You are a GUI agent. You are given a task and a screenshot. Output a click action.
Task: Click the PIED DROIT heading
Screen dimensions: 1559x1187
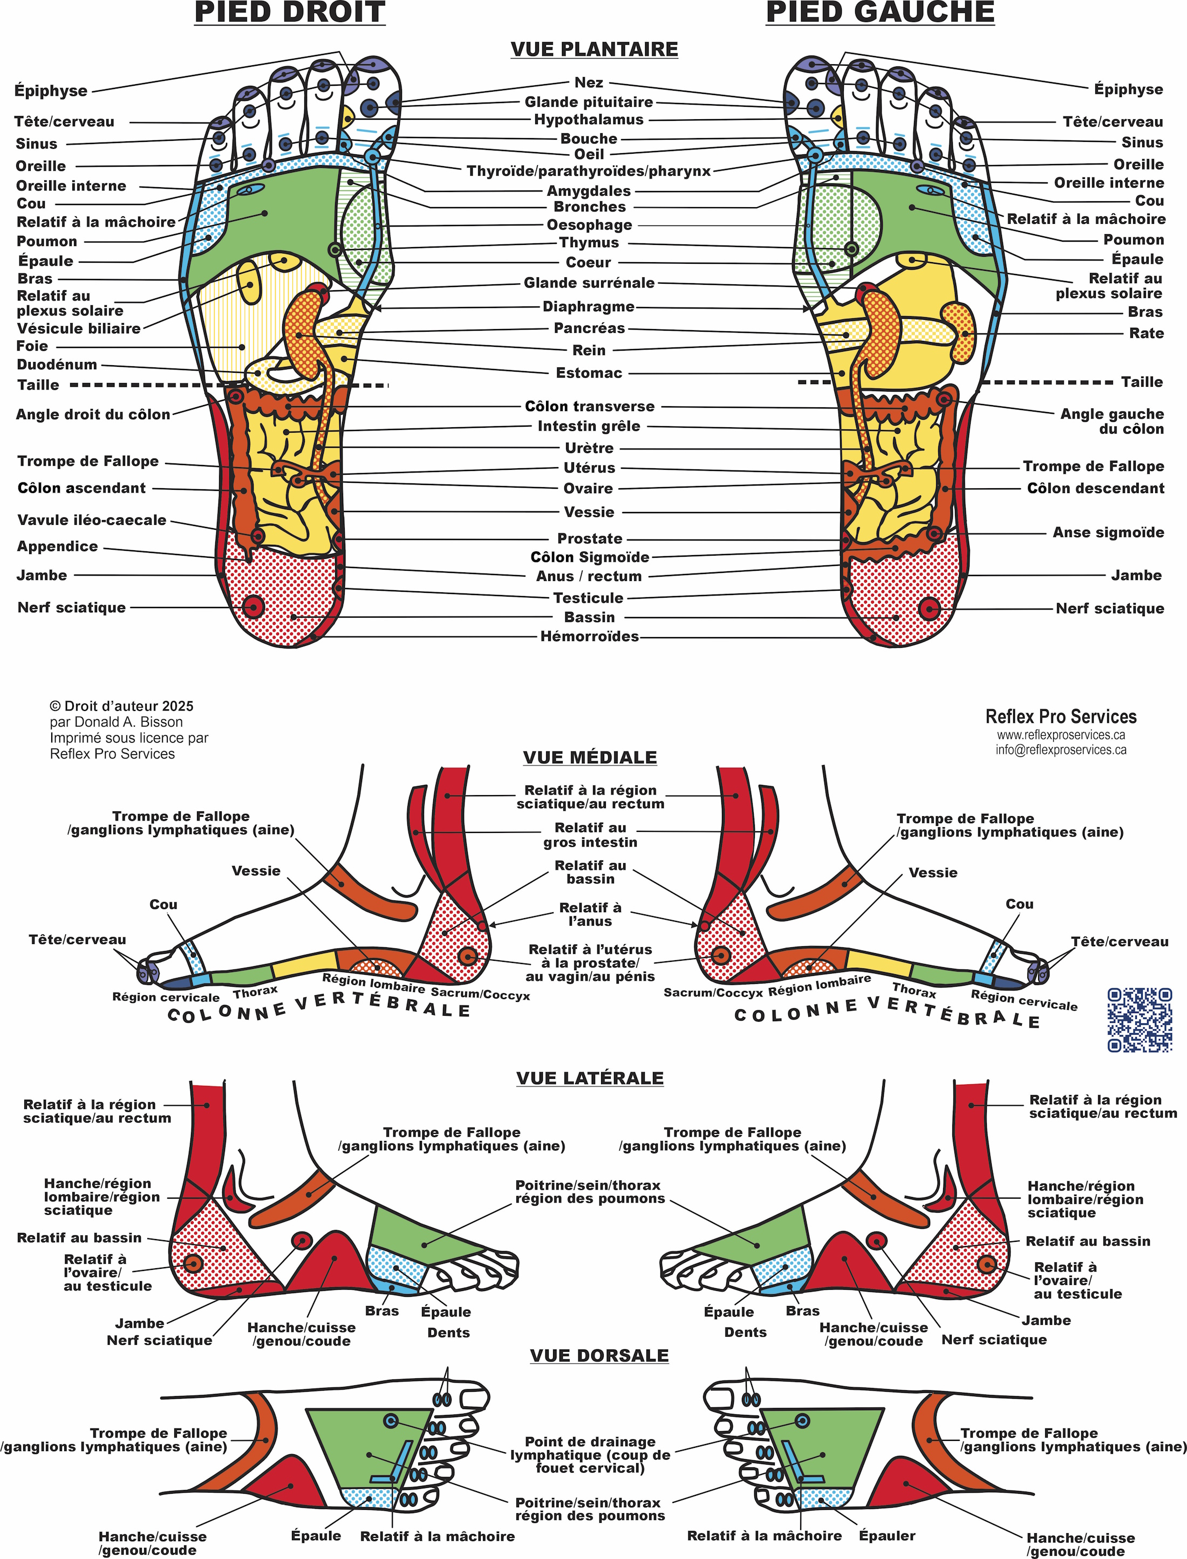click(290, 13)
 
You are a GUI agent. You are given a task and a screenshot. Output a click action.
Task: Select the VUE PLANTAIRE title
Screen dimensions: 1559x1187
click(593, 50)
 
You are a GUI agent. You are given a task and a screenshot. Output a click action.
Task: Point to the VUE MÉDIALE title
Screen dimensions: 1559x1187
click(590, 757)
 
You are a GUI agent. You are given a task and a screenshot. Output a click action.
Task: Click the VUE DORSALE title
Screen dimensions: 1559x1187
click(599, 1356)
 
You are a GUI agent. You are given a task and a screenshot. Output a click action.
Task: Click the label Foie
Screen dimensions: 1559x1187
click(32, 346)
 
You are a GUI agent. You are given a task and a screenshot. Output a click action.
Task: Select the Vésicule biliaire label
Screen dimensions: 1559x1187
click(78, 329)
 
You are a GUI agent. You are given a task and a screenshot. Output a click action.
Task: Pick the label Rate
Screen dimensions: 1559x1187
click(1145, 333)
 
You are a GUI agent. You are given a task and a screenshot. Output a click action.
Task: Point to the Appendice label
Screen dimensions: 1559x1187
click(57, 546)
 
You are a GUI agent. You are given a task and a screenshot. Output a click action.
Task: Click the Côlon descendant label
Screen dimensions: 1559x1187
click(1095, 488)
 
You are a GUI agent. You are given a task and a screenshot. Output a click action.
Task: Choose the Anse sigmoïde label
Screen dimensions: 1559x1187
click(1108, 532)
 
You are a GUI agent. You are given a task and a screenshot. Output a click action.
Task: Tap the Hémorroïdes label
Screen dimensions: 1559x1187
click(589, 637)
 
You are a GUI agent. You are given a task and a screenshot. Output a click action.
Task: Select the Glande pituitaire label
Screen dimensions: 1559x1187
click(589, 102)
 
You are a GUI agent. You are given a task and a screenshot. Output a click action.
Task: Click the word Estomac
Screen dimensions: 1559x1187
click(589, 373)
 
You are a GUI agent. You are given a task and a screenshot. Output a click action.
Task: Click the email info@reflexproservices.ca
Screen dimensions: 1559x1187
click(1061, 749)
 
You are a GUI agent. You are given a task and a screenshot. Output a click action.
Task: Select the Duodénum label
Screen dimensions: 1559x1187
click(57, 365)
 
